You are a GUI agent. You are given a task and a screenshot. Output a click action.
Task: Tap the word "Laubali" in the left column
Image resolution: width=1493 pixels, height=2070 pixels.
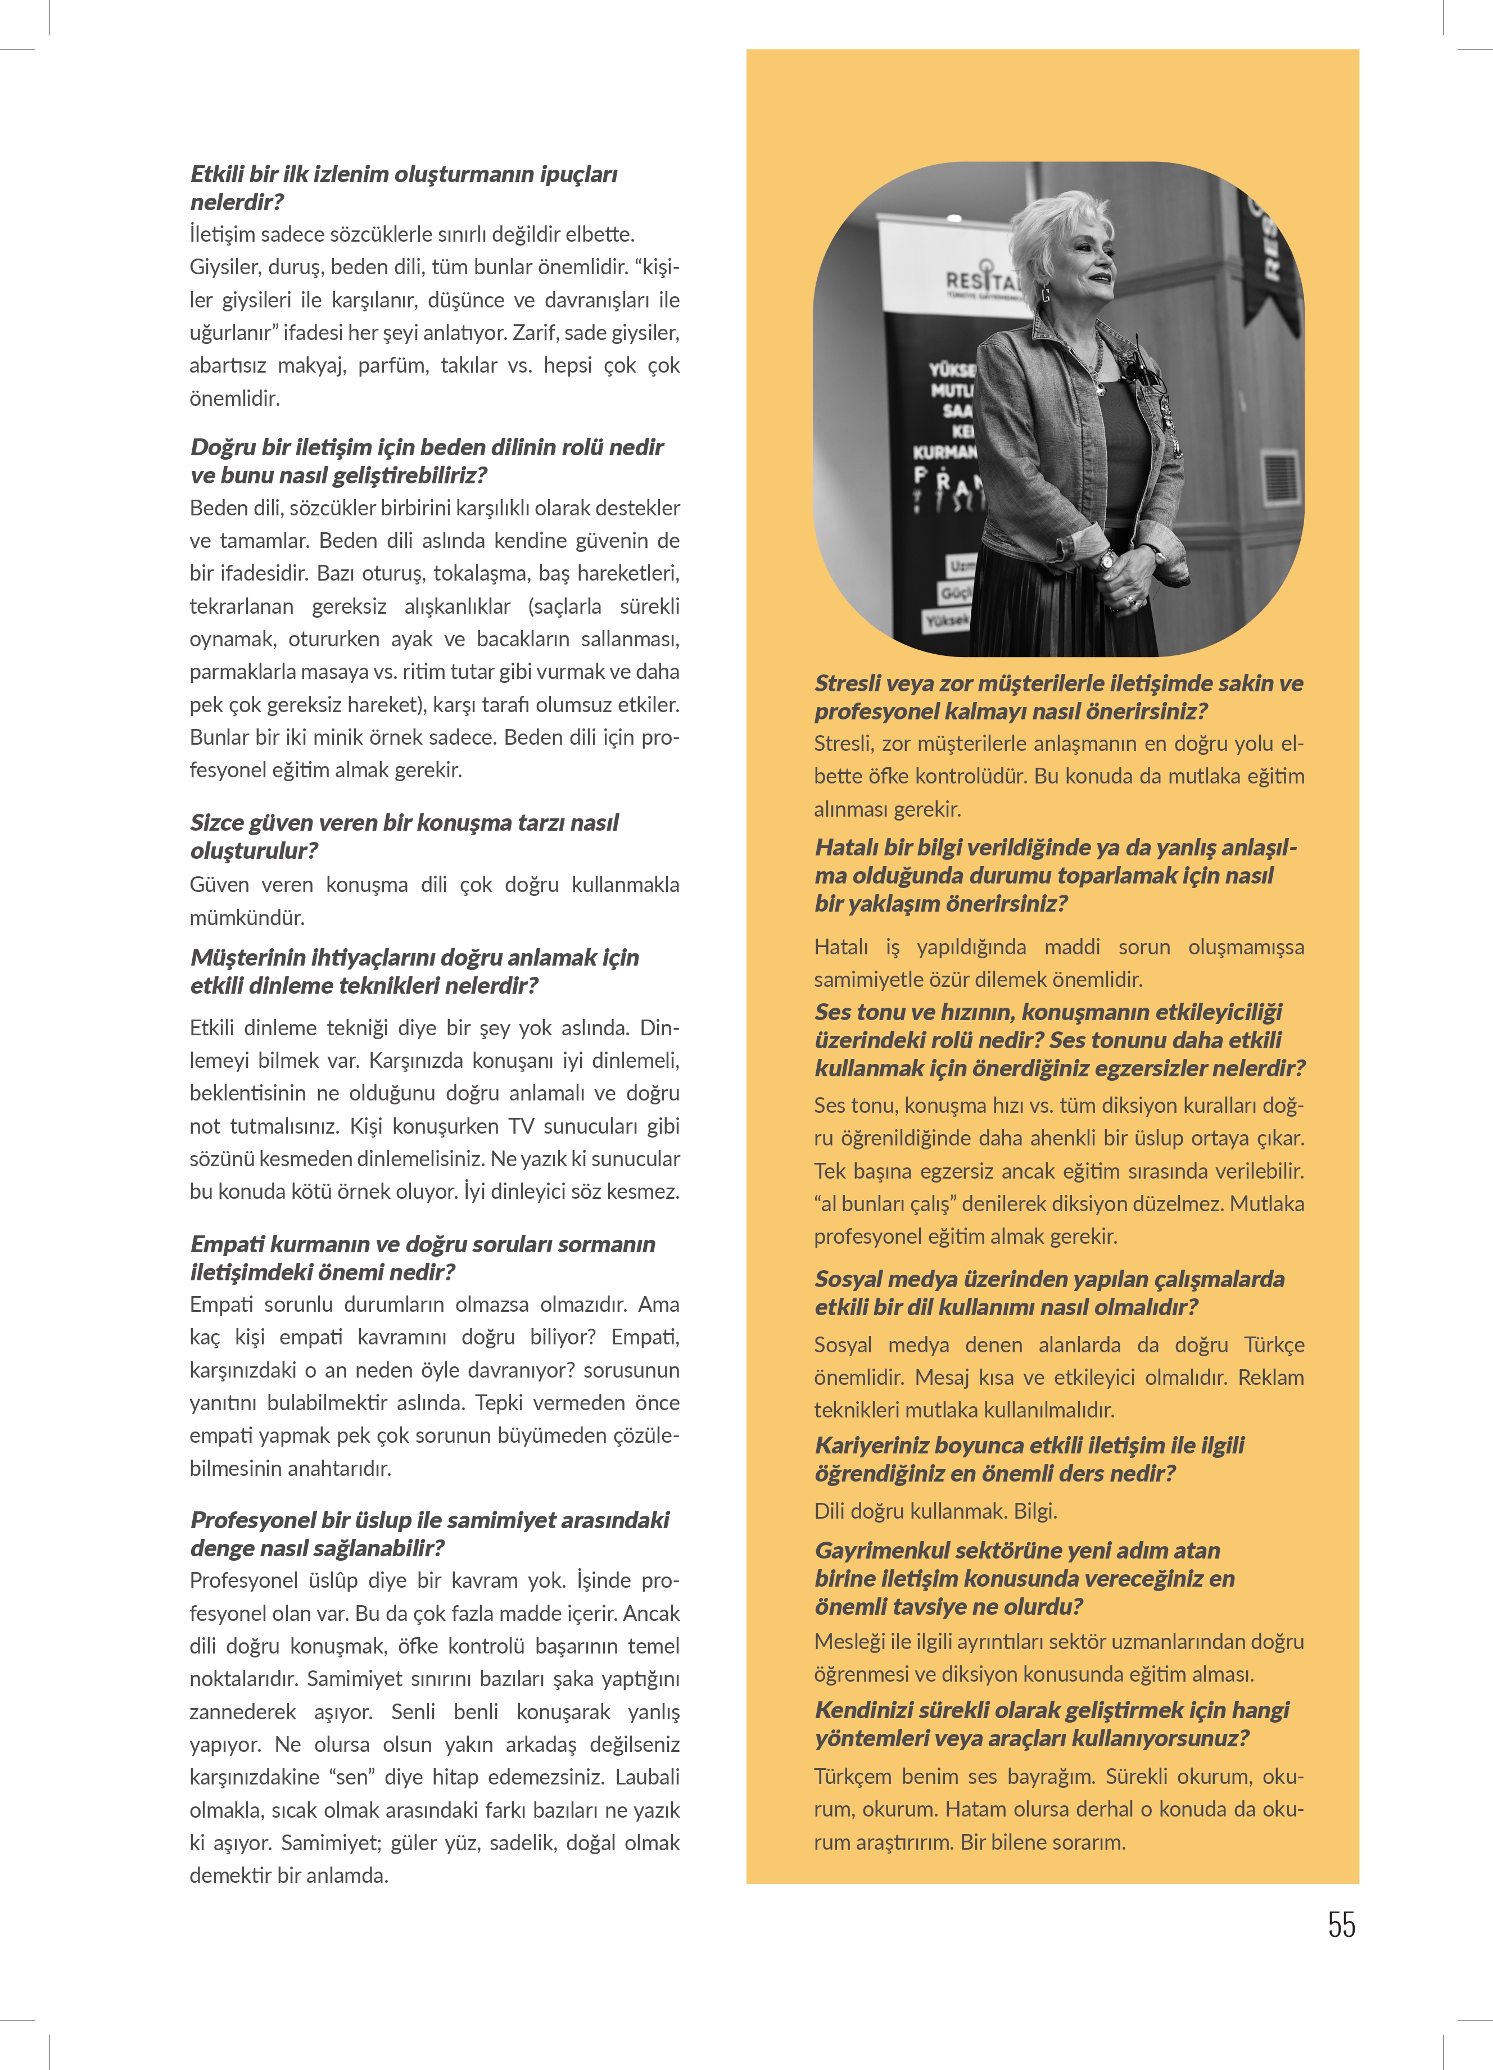647,1777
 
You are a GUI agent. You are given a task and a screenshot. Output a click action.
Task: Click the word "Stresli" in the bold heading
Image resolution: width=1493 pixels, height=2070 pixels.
849,683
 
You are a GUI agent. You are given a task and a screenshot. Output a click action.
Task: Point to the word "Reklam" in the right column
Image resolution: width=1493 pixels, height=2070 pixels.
1270,1377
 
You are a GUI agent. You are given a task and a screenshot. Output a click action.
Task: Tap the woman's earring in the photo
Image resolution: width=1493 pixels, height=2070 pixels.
1045,295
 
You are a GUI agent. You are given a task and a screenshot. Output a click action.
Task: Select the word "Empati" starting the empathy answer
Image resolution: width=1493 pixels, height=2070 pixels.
220,1304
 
